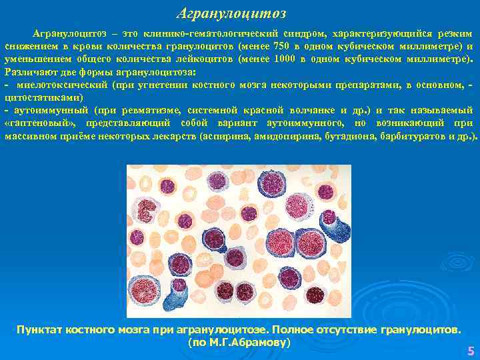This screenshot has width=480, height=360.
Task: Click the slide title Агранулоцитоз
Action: [231, 13]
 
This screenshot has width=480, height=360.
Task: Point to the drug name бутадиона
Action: [353, 136]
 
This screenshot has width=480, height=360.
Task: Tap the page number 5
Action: [471, 351]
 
